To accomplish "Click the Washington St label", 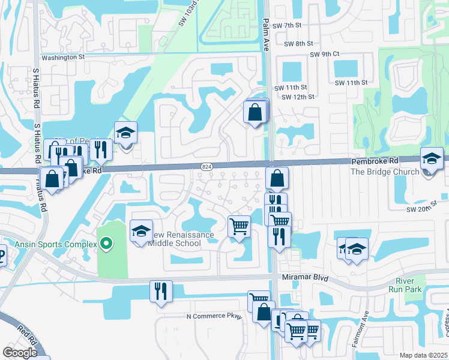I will (x=63, y=57).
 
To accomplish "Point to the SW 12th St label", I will (x=298, y=97).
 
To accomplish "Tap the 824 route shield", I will (x=206, y=166).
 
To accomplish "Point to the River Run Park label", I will (x=408, y=285).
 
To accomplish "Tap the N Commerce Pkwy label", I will (x=213, y=316).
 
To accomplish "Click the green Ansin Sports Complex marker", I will (x=106, y=243).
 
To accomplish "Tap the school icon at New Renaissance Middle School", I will (x=141, y=232).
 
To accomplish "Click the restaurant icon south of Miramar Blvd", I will (x=161, y=292).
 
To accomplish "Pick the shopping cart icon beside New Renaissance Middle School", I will (x=240, y=227).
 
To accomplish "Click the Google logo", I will (x=20, y=353).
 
